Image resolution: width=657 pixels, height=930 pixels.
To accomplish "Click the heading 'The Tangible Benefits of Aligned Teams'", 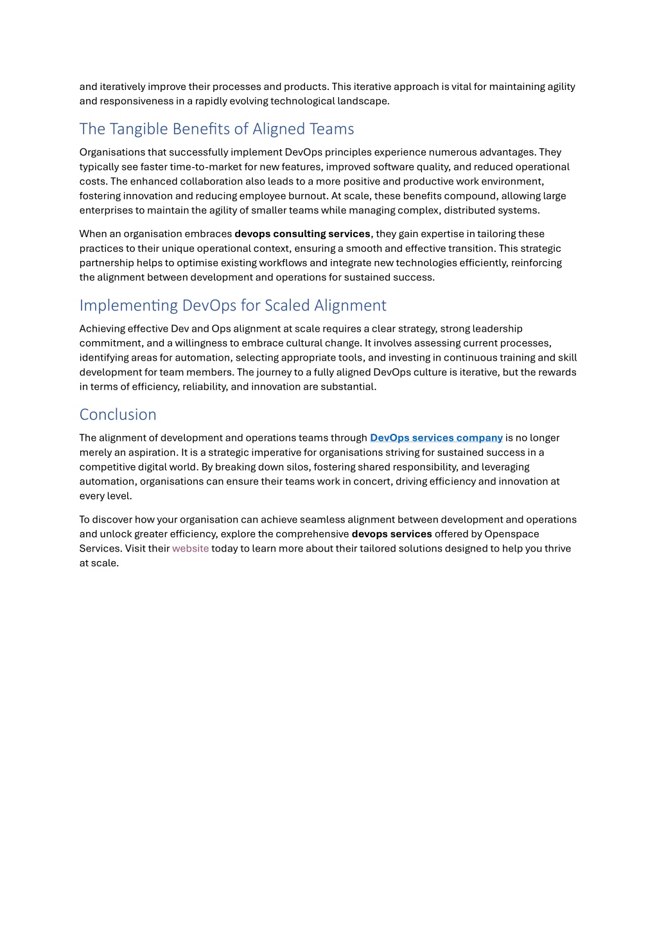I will [216, 129].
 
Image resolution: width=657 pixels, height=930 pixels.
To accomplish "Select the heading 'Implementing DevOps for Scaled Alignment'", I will [232, 305].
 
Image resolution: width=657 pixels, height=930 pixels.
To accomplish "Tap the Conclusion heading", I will [118, 415].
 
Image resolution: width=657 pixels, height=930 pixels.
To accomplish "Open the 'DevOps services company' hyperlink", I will [436, 438].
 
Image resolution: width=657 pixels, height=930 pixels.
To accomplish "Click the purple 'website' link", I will [190, 548].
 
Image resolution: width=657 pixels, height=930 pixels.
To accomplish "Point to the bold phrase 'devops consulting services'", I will [302, 234].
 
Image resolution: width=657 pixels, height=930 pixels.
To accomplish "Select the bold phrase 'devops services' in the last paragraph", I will [392, 534].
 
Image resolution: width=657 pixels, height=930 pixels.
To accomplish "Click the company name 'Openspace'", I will [512, 534].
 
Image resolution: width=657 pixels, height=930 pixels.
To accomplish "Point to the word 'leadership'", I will [498, 329].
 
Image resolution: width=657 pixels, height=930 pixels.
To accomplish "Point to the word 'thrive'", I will [557, 548].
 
